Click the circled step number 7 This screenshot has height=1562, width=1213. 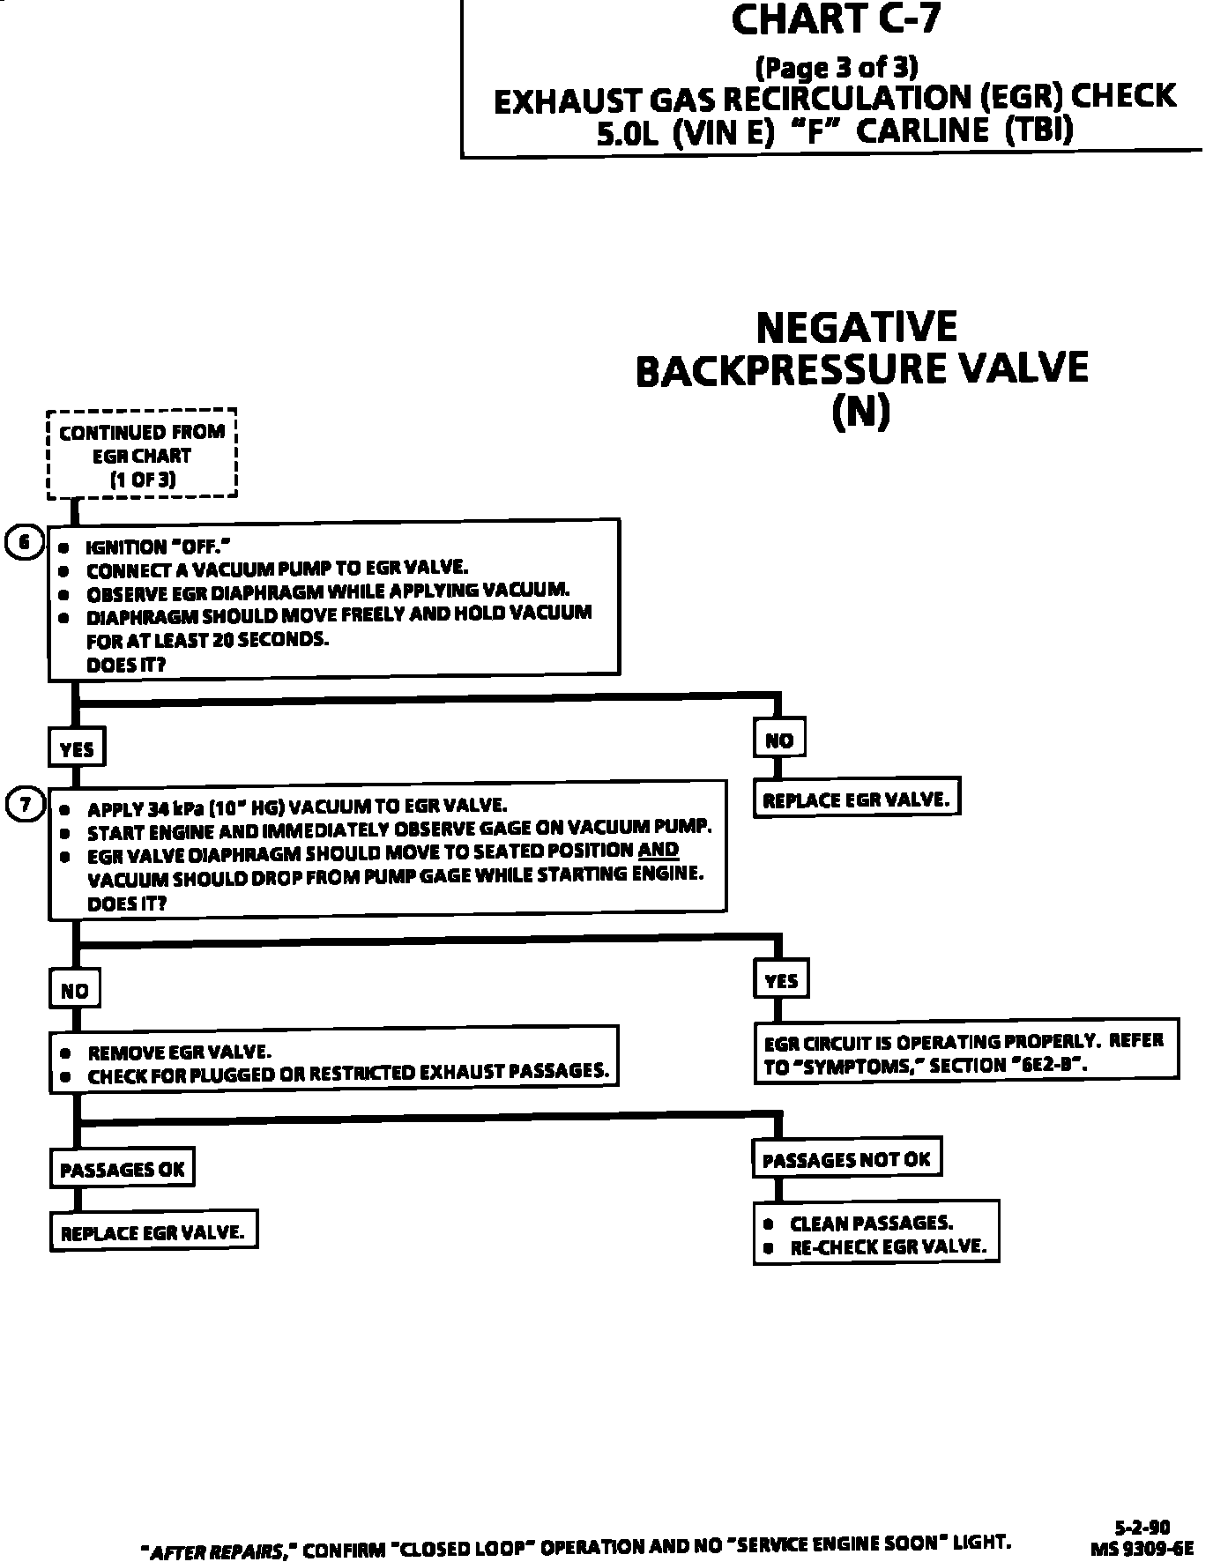(x=25, y=804)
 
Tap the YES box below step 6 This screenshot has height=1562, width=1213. (x=77, y=748)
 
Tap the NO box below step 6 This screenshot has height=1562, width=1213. (x=779, y=740)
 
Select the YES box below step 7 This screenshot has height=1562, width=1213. (x=781, y=980)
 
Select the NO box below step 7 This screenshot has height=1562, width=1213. (x=75, y=990)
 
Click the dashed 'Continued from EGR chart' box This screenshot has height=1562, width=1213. (x=142, y=455)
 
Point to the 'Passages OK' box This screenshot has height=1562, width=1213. (x=122, y=1170)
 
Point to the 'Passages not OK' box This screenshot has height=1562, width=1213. (x=846, y=1159)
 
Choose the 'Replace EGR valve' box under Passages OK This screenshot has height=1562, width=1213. (x=153, y=1231)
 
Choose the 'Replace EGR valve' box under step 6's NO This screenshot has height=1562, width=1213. (x=856, y=800)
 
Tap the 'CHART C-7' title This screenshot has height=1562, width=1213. (x=836, y=19)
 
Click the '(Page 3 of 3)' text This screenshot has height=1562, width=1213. (x=836, y=68)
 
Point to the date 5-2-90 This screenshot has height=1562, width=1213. (x=1142, y=1527)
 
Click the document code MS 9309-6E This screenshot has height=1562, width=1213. (x=1142, y=1547)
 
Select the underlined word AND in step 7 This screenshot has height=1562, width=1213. (x=658, y=850)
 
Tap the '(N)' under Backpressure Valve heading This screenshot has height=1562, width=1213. (x=861, y=412)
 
